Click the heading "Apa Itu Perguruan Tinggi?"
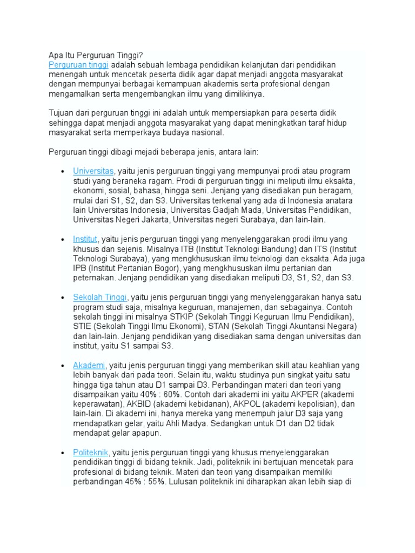point(96,55)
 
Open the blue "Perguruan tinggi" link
point(78,64)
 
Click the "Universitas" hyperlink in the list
point(93,171)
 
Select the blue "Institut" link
point(85,239)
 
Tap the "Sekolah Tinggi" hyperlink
point(100,298)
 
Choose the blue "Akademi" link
point(89,366)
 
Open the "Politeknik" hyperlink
point(91,452)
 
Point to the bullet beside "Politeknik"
point(64,453)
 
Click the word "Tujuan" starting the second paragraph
point(62,113)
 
